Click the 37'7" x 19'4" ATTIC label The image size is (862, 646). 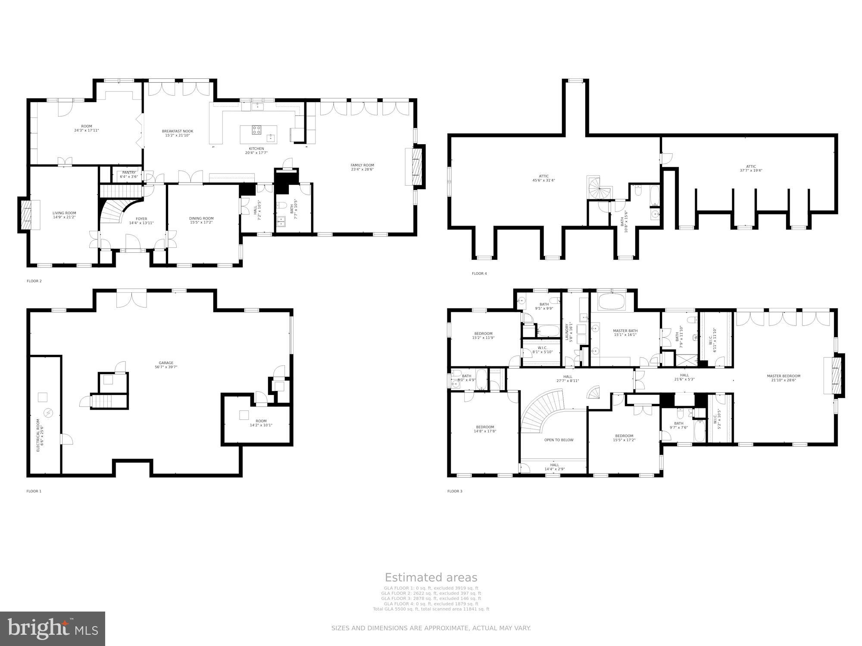pos(751,168)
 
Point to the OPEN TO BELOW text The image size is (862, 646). pos(559,440)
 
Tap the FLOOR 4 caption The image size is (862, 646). pos(479,273)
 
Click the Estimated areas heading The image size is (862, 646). pos(431,578)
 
